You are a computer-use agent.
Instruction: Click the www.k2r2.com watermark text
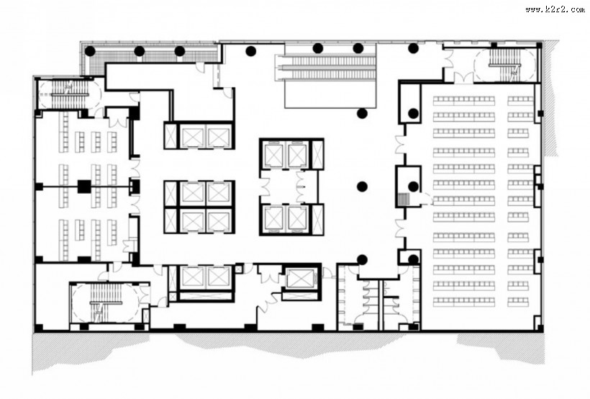coord(555,9)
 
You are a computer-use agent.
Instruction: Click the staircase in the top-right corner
coord(504,65)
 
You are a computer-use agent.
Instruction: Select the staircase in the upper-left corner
coord(69,94)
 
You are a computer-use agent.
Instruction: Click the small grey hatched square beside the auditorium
coord(404,198)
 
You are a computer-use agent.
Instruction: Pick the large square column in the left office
coord(84,187)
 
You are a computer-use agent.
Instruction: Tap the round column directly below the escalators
coord(362,113)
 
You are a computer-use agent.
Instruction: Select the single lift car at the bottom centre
coord(299,279)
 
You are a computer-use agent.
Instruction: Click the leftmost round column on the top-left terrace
coord(89,51)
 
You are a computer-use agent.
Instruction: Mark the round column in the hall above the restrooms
coord(362,259)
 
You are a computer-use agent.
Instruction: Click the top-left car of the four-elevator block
coord(192,193)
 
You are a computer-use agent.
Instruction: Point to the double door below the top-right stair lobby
coord(463,78)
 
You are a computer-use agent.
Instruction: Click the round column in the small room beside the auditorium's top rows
coord(414,113)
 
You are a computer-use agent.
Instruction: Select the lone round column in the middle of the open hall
coord(362,186)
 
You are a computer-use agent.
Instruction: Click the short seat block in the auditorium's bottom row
coord(518,302)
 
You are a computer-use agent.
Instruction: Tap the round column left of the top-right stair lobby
coord(414,48)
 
